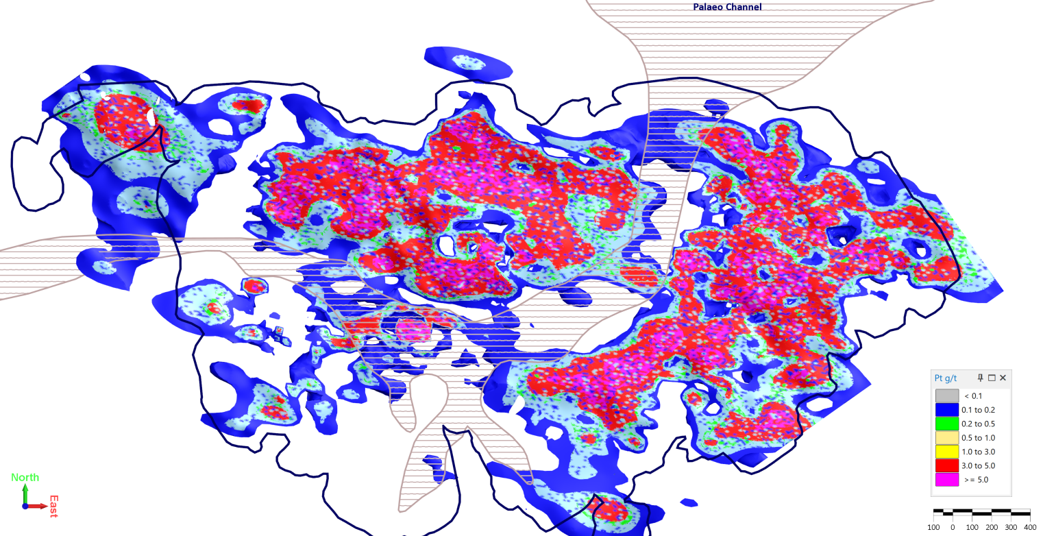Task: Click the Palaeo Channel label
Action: click(x=727, y=7)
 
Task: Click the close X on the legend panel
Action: click(x=1003, y=378)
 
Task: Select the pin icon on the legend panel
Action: click(x=981, y=378)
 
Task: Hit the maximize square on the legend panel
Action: click(x=992, y=378)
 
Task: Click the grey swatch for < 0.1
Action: click(x=947, y=395)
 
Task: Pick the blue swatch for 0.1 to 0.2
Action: click(x=947, y=409)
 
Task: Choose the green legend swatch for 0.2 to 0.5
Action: click(x=947, y=424)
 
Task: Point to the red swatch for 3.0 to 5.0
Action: click(x=947, y=465)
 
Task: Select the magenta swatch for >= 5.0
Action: click(x=947, y=480)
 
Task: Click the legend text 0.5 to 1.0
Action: click(x=978, y=437)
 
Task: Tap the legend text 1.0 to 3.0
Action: click(x=978, y=452)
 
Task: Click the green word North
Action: click(x=25, y=477)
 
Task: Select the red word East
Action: click(x=53, y=506)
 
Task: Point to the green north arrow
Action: click(x=25, y=492)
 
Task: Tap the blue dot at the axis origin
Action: click(x=25, y=506)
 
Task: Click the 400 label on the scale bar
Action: click(x=1030, y=527)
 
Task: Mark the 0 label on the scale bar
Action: click(x=953, y=527)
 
